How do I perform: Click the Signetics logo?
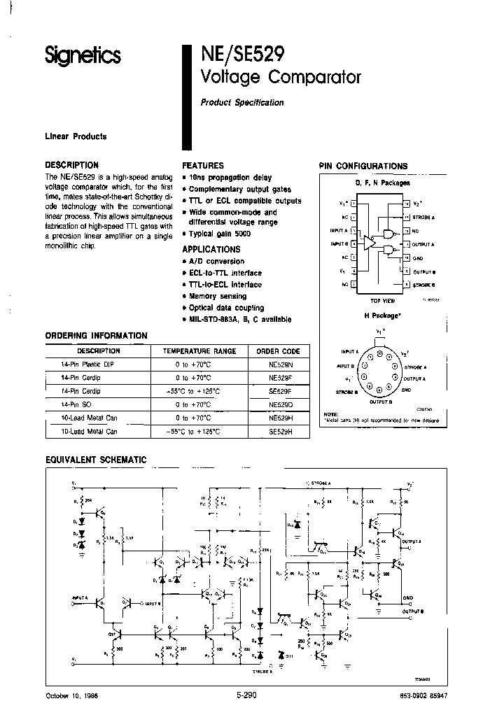click(83, 55)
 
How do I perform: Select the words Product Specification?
click(242, 102)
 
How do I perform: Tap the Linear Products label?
click(76, 136)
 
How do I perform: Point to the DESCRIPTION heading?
click(72, 165)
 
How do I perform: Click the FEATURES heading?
click(203, 166)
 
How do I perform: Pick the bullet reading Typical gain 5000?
click(220, 234)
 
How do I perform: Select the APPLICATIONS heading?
click(211, 249)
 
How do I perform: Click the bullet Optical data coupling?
click(226, 308)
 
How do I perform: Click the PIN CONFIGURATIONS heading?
click(363, 166)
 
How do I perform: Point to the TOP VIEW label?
click(382, 300)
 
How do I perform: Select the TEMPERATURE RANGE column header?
click(199, 351)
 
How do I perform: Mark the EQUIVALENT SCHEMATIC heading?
click(96, 460)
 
